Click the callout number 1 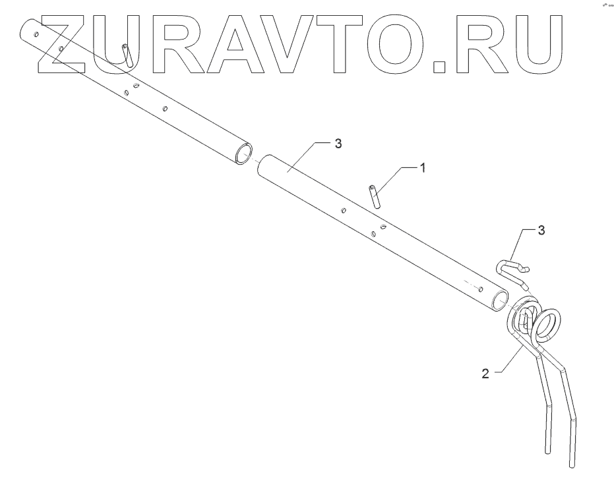coord(423,167)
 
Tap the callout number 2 coord(485,374)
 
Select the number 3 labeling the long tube coord(338,144)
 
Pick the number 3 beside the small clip coord(541,230)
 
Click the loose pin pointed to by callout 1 coord(375,196)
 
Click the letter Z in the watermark coord(66,42)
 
